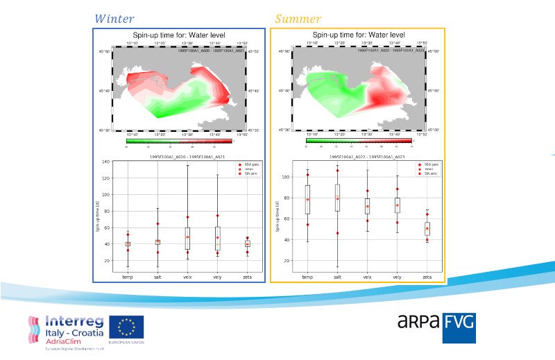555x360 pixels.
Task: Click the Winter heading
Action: (114, 19)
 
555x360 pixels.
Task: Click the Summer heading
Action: (298, 19)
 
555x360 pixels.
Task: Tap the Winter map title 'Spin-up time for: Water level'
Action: (181, 35)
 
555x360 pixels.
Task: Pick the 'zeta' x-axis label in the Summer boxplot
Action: (427, 277)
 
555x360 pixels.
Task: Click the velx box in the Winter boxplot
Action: (187, 239)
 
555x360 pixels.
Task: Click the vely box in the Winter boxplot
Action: (217, 238)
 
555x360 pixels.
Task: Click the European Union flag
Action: (126, 328)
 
